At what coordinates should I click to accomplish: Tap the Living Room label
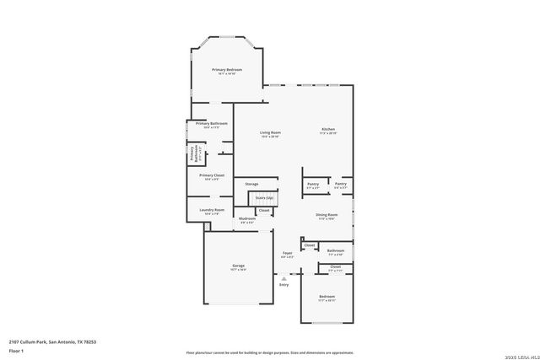pyautogui.click(x=270, y=132)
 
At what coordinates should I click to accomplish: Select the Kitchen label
pyautogui.click(x=329, y=129)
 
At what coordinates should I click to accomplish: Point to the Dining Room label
pyautogui.click(x=327, y=215)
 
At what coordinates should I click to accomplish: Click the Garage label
pyautogui.click(x=239, y=266)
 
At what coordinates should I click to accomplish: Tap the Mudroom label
pyautogui.click(x=246, y=219)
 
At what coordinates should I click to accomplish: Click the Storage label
pyautogui.click(x=251, y=183)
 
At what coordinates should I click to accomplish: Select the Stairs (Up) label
pyautogui.click(x=264, y=197)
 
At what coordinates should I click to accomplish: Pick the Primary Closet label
pyautogui.click(x=212, y=175)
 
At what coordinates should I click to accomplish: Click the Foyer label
pyautogui.click(x=287, y=253)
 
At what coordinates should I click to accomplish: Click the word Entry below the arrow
pyautogui.click(x=283, y=284)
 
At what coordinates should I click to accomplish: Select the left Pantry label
pyautogui.click(x=312, y=183)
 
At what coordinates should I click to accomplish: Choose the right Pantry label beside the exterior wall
pyautogui.click(x=340, y=183)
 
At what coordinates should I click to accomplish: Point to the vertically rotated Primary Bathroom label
pyautogui.click(x=193, y=153)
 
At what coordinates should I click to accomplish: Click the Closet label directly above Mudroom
pyautogui.click(x=264, y=210)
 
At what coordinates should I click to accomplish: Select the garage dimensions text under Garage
pyautogui.click(x=239, y=271)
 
